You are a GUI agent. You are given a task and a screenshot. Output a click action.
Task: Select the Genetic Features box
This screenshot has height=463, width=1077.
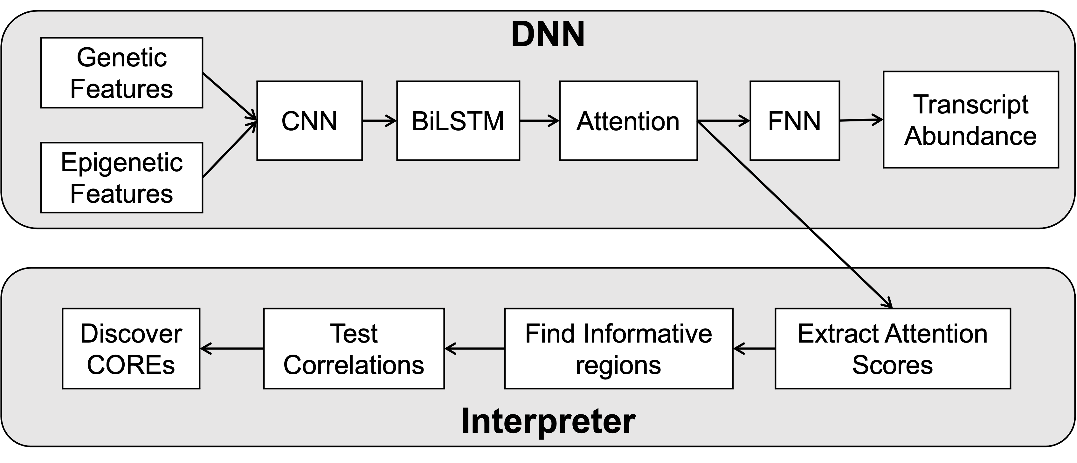(122, 73)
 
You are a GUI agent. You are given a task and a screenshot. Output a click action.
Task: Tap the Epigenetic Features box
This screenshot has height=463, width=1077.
(122, 178)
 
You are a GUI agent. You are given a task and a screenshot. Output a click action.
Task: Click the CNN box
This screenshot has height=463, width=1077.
(309, 121)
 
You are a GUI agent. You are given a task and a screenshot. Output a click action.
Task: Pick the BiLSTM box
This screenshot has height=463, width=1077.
(458, 121)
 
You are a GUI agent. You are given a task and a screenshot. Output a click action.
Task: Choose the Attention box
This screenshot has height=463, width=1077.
(628, 121)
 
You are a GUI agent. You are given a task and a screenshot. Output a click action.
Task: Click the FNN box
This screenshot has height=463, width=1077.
(794, 121)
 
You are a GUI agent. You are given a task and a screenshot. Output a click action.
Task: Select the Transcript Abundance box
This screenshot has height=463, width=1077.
(971, 119)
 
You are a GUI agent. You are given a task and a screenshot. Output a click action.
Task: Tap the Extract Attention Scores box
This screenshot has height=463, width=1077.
(893, 349)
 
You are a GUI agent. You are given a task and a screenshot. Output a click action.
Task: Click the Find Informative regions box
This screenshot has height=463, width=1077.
(618, 349)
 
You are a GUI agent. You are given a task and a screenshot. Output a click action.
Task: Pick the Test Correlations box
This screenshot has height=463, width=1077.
(354, 349)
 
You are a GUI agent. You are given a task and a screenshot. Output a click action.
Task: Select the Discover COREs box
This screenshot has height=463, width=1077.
(131, 349)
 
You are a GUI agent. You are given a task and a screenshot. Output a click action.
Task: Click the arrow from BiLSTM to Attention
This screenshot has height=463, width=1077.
(539, 121)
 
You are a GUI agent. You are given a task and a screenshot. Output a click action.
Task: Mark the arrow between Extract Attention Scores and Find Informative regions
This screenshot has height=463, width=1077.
(754, 348)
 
